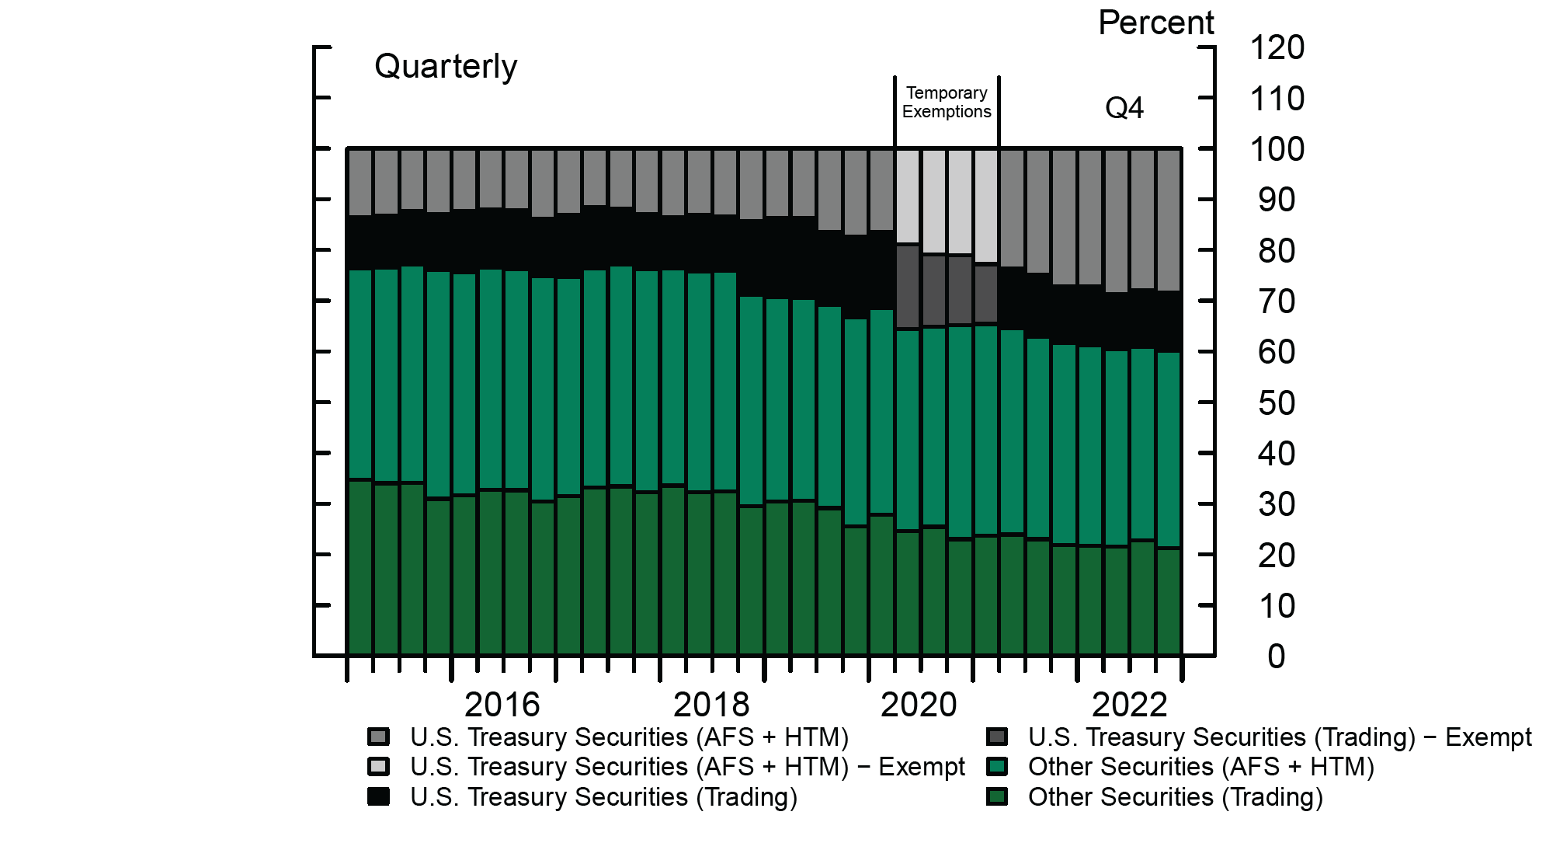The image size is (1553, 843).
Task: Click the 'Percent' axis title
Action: click(1155, 23)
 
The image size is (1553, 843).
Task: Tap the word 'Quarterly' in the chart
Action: click(446, 67)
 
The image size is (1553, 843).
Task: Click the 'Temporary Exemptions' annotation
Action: click(947, 103)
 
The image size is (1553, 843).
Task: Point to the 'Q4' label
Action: click(1124, 108)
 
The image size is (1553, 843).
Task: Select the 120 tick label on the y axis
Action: click(1277, 48)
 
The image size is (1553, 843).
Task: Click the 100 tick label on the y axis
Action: click(1277, 149)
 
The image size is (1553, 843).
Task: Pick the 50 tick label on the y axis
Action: click(1277, 403)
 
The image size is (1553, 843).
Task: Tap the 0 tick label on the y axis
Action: click(1277, 657)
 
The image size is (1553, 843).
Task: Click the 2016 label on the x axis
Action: click(502, 705)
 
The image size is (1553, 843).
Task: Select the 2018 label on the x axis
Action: click(711, 705)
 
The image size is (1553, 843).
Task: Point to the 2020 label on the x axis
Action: click(919, 705)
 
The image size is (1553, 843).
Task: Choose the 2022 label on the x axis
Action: click(1129, 705)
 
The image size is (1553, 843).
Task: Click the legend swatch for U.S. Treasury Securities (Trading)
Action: click(378, 796)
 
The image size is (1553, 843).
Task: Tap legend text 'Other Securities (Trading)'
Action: click(1175, 797)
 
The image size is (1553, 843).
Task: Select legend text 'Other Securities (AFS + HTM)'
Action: click(1200, 767)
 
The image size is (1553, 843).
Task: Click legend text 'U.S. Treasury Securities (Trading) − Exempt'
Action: click(1279, 737)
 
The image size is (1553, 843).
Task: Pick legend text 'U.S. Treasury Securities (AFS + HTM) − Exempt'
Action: click(687, 767)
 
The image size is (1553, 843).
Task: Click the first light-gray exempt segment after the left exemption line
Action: click(908, 197)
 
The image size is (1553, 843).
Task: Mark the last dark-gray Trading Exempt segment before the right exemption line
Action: click(986, 294)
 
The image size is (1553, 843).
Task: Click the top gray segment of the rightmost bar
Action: click(1169, 220)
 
